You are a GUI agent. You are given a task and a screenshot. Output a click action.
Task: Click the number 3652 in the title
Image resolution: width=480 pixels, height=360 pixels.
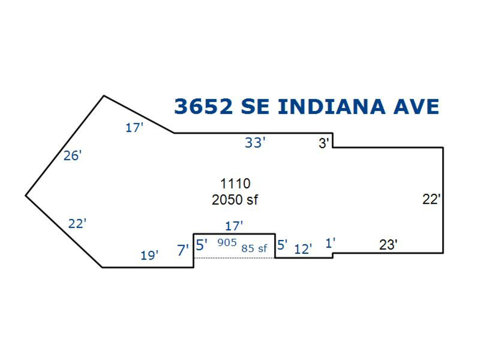click(x=204, y=106)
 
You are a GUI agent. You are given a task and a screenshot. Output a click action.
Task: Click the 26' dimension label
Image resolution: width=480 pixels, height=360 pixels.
click(x=73, y=156)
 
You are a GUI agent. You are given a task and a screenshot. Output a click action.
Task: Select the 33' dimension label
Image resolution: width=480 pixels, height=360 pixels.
click(x=255, y=143)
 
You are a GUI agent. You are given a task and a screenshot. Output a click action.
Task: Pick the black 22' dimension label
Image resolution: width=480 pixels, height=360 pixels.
click(x=431, y=199)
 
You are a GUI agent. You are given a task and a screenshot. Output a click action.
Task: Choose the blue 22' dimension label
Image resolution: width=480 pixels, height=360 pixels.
click(x=77, y=224)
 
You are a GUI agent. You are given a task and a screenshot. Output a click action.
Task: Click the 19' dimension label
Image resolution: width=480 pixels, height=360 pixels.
click(x=149, y=255)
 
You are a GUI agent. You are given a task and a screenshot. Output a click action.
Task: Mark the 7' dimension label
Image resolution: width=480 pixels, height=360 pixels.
click(x=183, y=249)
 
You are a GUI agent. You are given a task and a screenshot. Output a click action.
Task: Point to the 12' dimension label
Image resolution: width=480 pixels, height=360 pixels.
click(x=303, y=249)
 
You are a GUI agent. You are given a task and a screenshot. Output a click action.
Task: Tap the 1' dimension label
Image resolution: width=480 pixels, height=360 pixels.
click(x=330, y=243)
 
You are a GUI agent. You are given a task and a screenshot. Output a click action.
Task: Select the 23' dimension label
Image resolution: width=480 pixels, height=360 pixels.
click(x=388, y=245)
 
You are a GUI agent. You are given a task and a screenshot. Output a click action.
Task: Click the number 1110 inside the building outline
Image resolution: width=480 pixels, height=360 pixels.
click(x=235, y=184)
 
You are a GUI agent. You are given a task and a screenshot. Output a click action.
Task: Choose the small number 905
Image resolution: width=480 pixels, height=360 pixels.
click(x=227, y=243)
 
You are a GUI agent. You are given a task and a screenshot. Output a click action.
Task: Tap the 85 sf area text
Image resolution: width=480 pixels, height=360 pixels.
click(x=254, y=248)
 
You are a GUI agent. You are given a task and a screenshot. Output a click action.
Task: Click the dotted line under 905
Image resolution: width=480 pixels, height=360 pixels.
click(x=235, y=258)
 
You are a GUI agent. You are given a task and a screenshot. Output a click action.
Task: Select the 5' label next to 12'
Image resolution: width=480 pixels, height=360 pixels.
click(x=282, y=245)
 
